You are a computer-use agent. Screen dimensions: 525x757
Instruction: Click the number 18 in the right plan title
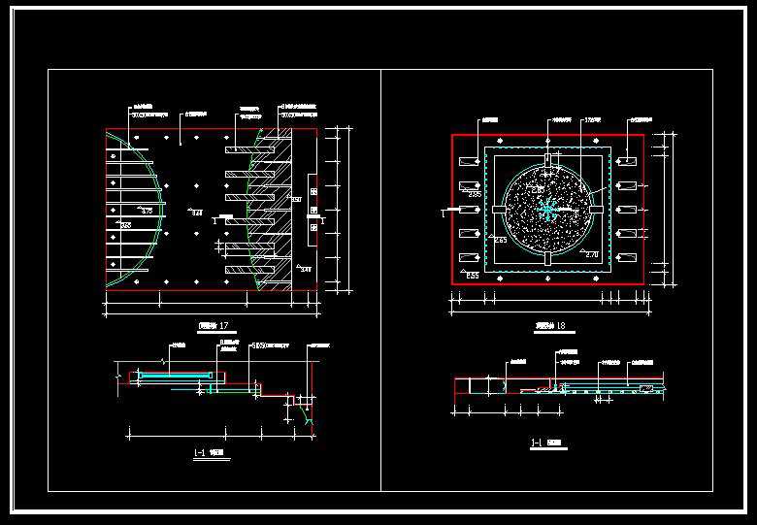(561, 325)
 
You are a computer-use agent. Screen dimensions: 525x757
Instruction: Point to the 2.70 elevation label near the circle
(592, 254)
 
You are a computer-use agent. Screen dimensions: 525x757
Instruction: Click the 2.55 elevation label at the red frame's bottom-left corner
(473, 277)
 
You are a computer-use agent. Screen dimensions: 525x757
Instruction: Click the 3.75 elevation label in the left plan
(147, 211)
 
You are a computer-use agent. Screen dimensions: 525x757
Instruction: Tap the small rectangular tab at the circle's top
(548, 158)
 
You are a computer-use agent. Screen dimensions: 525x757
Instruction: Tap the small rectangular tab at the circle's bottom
(548, 259)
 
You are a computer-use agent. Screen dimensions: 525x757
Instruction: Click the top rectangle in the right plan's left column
(470, 158)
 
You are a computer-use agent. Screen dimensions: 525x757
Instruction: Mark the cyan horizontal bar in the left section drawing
(175, 374)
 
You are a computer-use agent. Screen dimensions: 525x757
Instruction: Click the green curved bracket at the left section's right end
(309, 417)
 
